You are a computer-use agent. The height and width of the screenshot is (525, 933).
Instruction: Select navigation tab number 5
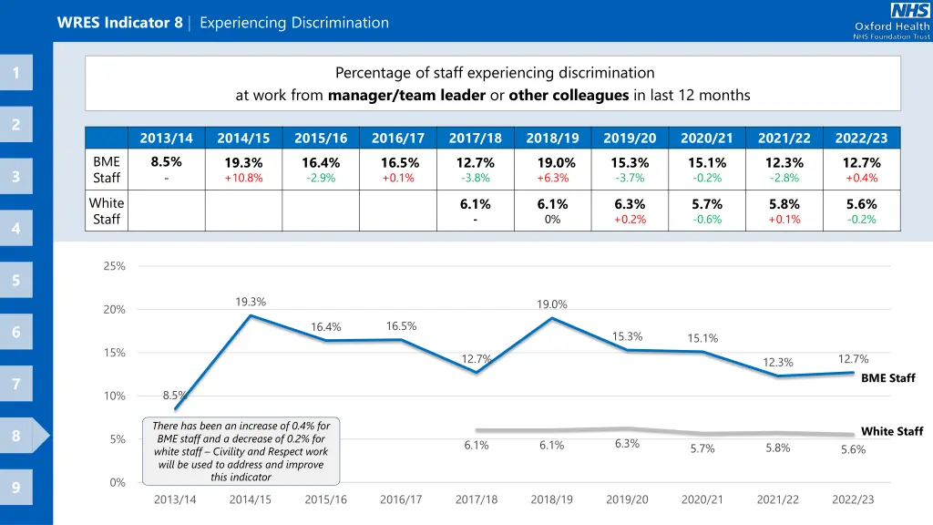(x=16, y=280)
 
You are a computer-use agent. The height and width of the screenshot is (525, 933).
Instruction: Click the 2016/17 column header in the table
(x=398, y=139)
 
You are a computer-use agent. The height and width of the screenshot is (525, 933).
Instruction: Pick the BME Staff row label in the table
(x=107, y=170)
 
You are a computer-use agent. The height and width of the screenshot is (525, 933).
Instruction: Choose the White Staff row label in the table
(x=107, y=211)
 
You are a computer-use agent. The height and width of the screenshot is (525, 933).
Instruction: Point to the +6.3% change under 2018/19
(x=552, y=178)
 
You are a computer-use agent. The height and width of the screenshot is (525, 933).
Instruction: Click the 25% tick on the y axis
(x=114, y=266)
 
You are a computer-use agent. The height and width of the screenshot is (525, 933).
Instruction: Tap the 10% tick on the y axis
(x=114, y=396)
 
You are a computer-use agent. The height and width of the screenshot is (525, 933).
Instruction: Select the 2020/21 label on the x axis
(x=702, y=499)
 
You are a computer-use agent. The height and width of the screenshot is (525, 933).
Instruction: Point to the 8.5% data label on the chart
(x=174, y=396)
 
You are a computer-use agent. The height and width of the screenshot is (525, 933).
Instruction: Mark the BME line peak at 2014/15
(x=251, y=315)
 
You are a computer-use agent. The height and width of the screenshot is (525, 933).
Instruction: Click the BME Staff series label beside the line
(x=887, y=378)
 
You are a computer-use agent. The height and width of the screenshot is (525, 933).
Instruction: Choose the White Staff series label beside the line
(x=891, y=431)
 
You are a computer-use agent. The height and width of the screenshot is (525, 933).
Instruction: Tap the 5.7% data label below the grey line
(x=702, y=448)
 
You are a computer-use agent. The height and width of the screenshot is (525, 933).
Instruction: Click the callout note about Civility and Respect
(x=241, y=451)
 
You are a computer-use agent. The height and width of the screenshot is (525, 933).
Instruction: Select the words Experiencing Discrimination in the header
(x=293, y=23)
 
